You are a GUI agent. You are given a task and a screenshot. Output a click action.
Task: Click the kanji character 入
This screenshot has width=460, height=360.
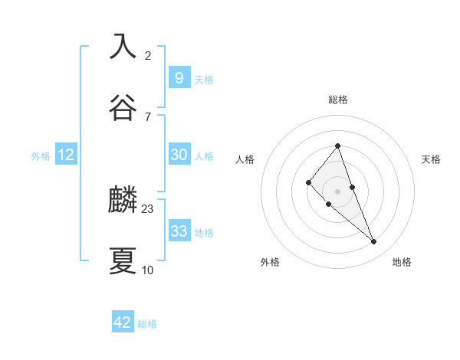click(123, 46)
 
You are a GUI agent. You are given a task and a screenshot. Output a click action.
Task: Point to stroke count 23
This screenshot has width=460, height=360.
click(148, 208)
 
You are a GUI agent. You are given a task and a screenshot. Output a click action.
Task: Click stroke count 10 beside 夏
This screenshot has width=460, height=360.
click(148, 270)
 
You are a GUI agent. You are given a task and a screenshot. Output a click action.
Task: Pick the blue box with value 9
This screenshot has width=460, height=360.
click(179, 77)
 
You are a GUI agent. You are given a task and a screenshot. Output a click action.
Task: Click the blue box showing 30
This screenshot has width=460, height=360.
click(179, 155)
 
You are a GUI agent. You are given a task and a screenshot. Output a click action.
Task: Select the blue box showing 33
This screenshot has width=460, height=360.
click(179, 231)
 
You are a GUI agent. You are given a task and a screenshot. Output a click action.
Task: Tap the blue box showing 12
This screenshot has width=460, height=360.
click(66, 155)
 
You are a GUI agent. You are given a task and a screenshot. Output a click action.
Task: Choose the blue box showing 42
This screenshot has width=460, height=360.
click(123, 322)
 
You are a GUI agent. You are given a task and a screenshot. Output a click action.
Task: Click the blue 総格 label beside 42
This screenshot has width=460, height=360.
click(147, 324)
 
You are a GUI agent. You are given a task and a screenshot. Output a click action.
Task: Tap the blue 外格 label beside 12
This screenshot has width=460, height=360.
click(41, 156)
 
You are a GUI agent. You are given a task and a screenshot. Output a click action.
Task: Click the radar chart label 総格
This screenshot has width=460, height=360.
click(337, 100)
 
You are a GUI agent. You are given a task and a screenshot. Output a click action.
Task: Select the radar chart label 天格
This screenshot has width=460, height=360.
click(431, 159)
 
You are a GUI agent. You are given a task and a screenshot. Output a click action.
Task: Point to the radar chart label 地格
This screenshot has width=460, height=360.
click(402, 262)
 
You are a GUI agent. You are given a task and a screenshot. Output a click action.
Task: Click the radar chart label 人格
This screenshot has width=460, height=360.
click(245, 159)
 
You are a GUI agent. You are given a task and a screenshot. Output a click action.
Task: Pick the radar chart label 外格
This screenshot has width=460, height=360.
click(270, 262)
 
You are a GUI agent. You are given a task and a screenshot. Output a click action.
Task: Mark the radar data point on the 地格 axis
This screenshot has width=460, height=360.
click(374, 242)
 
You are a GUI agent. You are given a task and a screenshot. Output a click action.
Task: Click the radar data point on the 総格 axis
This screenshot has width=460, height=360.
click(337, 146)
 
